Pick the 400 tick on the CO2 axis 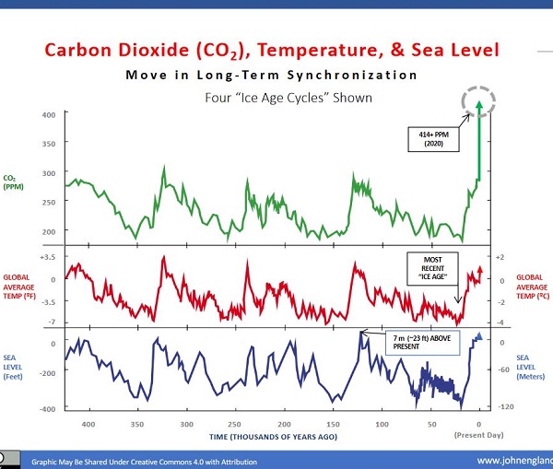click(49, 114)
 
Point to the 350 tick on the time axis click(137, 424)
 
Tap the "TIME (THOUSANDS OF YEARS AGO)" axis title click(272, 435)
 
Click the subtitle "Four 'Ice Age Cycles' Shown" click(276, 98)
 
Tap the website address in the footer click(512, 461)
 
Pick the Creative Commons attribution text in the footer click(145, 462)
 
